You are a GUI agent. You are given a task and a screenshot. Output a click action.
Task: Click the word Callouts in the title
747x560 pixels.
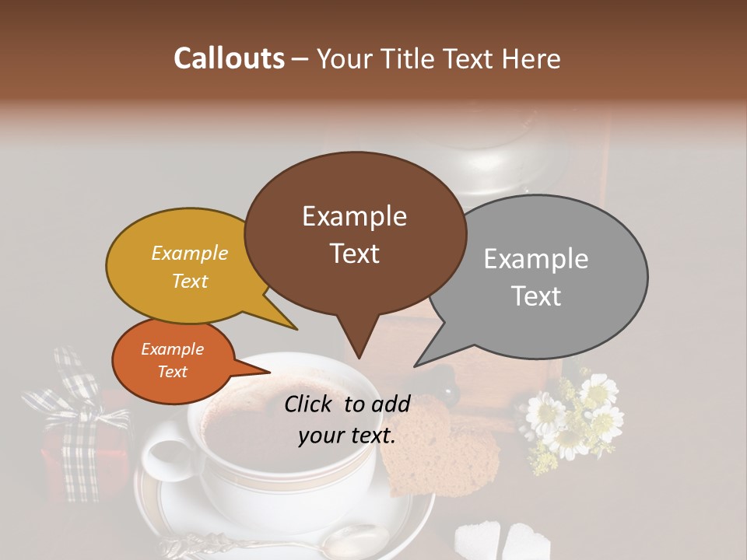pyautogui.click(x=229, y=58)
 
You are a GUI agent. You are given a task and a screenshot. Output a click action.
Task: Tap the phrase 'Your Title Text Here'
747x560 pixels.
pyautogui.click(x=438, y=59)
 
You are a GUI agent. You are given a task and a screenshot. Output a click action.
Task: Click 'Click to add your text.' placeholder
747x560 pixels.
pyautogui.click(x=347, y=420)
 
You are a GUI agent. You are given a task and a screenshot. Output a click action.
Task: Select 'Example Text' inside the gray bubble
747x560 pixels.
pyautogui.click(x=536, y=277)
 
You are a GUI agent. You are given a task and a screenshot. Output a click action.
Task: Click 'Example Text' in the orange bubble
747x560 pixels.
pyautogui.click(x=172, y=360)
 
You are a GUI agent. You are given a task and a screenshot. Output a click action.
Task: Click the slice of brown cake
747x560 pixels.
pyautogui.click(x=440, y=451)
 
